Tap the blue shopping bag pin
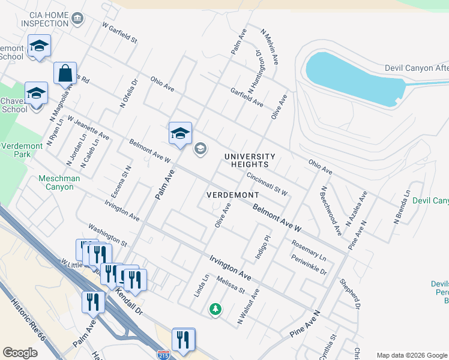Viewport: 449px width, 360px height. point(65,74)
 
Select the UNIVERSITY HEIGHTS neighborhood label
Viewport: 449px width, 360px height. point(250,160)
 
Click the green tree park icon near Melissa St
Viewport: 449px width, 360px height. point(214,310)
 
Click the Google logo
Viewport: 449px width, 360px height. point(20,353)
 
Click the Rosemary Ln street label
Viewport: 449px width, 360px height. point(309,251)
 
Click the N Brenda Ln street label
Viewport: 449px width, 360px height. point(402,207)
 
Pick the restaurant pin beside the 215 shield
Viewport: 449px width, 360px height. point(183,340)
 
